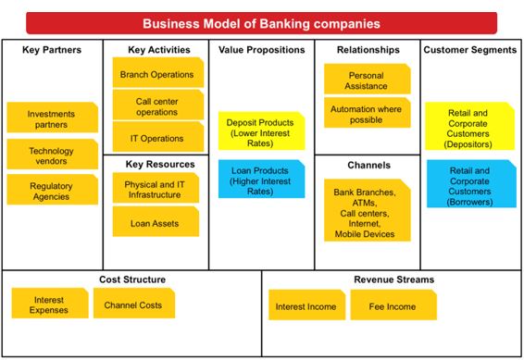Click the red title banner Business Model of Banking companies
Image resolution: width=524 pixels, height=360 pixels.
coord(262,23)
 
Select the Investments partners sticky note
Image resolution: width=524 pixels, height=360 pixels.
coord(52,118)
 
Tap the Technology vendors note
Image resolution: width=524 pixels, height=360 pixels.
coord(52,155)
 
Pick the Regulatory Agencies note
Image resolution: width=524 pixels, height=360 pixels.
coord(52,190)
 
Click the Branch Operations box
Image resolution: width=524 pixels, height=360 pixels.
coord(157,71)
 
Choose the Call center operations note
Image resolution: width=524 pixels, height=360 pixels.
coord(157,105)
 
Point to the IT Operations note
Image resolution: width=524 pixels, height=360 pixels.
coord(157,138)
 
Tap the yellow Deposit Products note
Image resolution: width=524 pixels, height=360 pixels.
coord(262,130)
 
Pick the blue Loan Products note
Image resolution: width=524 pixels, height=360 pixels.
coord(262,179)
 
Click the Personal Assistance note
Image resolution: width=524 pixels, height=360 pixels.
coord(367,79)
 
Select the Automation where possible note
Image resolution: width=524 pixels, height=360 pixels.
coord(367,114)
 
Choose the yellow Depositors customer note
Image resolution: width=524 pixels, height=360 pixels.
coord(469,127)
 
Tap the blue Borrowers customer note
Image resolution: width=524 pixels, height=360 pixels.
coord(469,183)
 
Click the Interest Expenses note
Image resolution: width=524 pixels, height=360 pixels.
coord(50,304)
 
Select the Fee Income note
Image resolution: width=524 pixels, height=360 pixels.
coord(393,306)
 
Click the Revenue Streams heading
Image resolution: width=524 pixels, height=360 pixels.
coord(393,279)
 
